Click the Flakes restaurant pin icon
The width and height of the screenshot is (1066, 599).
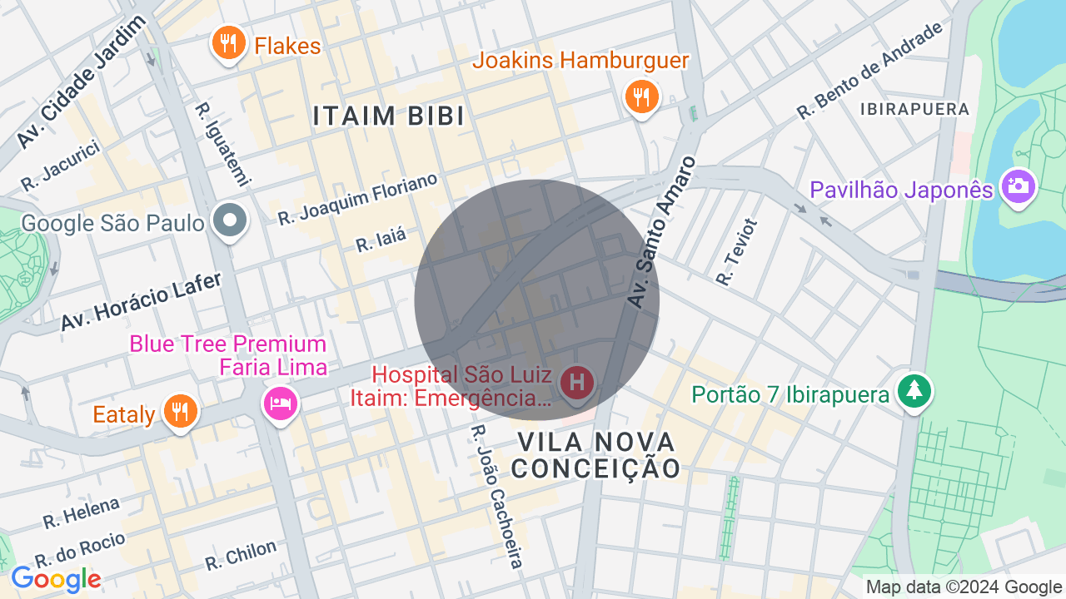pyautogui.click(x=227, y=44)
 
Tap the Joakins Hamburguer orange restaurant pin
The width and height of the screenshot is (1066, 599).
pyautogui.click(x=641, y=97)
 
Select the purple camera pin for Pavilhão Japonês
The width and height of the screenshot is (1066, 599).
pyautogui.click(x=1017, y=186)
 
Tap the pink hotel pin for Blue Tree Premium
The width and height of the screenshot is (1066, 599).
pyautogui.click(x=280, y=403)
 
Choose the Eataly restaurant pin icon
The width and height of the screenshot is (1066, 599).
pyautogui.click(x=179, y=411)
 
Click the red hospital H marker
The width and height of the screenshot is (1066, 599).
pyautogui.click(x=576, y=384)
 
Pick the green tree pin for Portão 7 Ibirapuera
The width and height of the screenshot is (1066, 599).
pyautogui.click(x=914, y=391)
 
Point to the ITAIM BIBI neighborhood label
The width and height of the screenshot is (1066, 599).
pyautogui.click(x=389, y=116)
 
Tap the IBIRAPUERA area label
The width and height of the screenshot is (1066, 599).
pyautogui.click(x=914, y=109)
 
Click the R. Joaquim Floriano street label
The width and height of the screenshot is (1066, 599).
pyautogui.click(x=357, y=200)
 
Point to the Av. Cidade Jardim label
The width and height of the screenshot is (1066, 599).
pyautogui.click(x=81, y=82)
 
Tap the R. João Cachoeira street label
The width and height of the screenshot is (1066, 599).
pyautogui.click(x=496, y=498)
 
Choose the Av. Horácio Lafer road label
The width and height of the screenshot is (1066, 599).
pyautogui.click(x=141, y=302)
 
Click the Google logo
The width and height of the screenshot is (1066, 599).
pyautogui.click(x=56, y=579)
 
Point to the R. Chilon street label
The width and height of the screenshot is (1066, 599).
pyautogui.click(x=241, y=556)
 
